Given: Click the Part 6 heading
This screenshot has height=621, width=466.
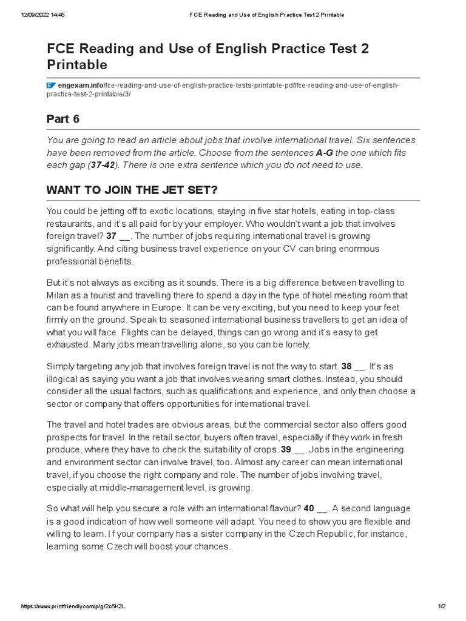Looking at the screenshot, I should point(62,118).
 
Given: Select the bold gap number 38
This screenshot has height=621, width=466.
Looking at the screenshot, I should point(346,366).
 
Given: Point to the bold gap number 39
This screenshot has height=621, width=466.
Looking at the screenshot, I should point(286,449).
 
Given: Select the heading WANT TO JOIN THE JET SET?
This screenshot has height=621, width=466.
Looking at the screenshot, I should point(132,190).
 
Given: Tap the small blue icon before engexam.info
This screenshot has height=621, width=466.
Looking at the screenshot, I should point(51,86).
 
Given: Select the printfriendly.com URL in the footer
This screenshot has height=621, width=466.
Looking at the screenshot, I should point(76,606).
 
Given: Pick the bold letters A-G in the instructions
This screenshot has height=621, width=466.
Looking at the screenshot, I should point(325,153).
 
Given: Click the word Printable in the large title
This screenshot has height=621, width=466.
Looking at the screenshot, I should point(77,64).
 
